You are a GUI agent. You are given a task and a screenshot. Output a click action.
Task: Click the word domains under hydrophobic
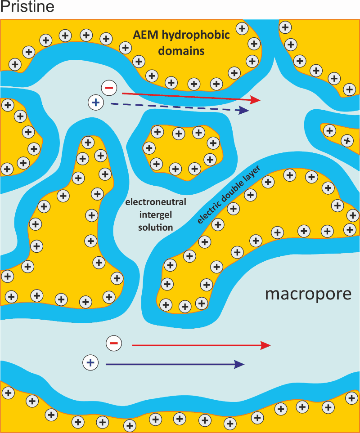click(x=181, y=51)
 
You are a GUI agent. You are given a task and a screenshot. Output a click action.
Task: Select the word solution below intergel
click(x=156, y=227)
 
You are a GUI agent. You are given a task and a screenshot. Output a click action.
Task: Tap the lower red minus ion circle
click(x=113, y=344)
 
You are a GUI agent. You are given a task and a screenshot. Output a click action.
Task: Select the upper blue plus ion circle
click(x=95, y=103)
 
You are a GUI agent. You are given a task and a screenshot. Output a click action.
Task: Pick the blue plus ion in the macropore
click(x=90, y=362)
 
